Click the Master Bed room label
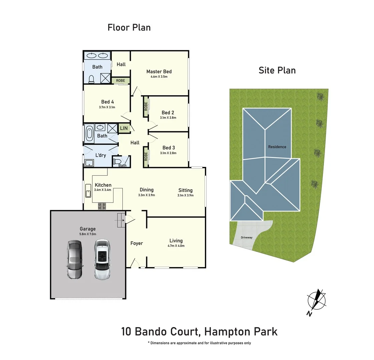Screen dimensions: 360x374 tap(159, 71)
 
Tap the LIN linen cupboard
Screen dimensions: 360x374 tap(124, 128)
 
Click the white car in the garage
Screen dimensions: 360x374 tap(102, 259)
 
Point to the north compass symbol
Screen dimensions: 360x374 tap(316, 300)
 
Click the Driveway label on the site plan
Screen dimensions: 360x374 tap(247, 238)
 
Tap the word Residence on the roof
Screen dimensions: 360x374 tap(277, 147)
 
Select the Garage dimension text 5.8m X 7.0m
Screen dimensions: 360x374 tap(88, 234)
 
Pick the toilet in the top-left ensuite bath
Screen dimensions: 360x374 tap(91, 79)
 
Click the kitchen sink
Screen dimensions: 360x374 tap(88, 191)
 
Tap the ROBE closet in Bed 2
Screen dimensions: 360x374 tap(146, 107)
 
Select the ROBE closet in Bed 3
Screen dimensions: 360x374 tap(146, 156)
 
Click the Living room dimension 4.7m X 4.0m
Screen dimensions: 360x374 tap(176, 246)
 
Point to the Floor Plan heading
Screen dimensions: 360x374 tap(129, 27)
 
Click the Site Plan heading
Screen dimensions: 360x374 tap(277, 70)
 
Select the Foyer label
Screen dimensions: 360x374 tap(136, 243)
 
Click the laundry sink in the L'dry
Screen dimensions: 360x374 tap(89, 163)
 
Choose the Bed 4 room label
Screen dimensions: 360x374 tap(107, 102)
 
